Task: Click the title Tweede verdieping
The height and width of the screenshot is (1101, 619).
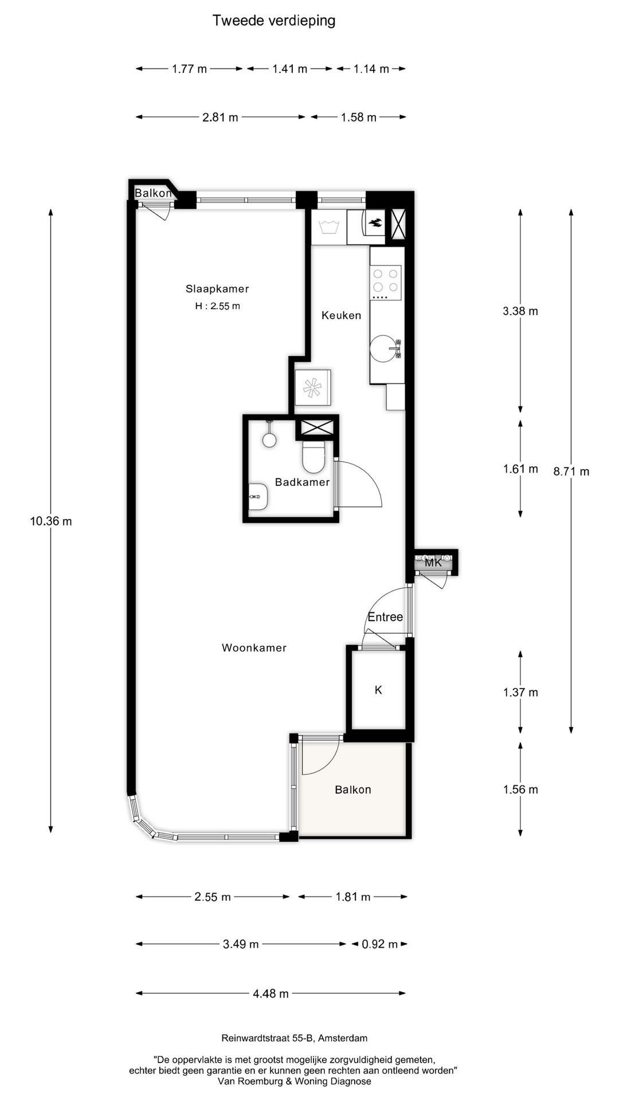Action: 274,21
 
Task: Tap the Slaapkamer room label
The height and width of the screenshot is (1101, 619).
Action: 217,289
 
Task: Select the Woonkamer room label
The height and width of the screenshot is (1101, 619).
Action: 254,648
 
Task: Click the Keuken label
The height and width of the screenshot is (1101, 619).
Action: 341,315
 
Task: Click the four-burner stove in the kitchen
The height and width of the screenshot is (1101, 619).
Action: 386,282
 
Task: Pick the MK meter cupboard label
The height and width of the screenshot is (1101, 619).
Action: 433,563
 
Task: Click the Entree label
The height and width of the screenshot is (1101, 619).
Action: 385,617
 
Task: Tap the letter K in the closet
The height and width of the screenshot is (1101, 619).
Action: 378,690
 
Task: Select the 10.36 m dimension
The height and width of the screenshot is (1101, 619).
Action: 51,521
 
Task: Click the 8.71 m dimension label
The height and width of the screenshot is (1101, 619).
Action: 571,471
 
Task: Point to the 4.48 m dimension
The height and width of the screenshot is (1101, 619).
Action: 271,994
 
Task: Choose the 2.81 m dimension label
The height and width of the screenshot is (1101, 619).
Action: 220,118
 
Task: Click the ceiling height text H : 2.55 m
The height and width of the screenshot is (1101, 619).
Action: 217,306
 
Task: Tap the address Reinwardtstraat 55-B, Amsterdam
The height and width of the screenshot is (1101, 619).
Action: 295,1038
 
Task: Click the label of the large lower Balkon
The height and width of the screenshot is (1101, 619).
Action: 353,790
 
